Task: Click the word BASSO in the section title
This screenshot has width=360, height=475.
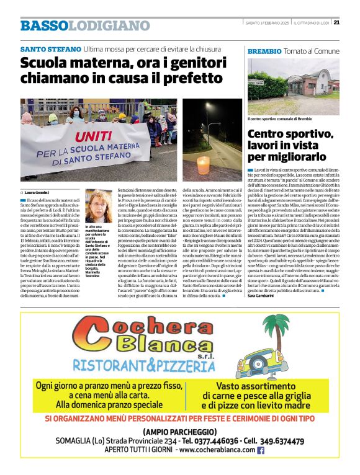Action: click(43, 26)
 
